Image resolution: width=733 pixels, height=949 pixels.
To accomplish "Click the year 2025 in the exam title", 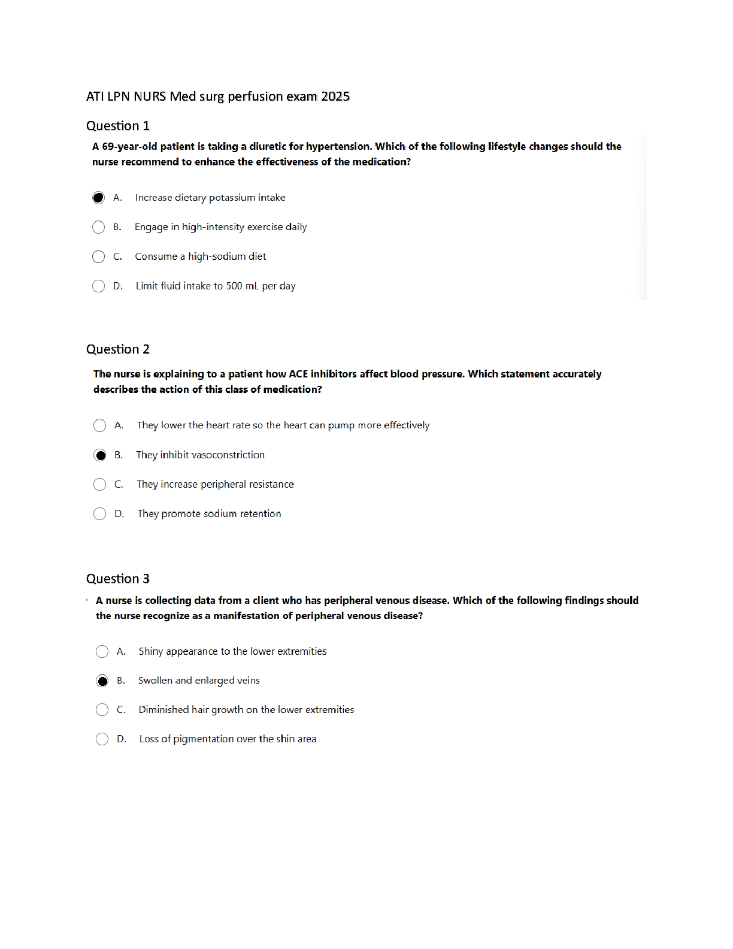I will point(335,96).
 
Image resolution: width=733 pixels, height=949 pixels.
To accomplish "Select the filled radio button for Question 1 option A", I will point(99,198).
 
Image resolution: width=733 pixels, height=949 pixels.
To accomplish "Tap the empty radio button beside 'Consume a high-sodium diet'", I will point(99,257).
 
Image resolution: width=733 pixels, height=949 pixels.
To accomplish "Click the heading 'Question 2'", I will point(118,349).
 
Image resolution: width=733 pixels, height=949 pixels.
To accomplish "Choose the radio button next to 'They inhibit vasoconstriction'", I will point(100,455).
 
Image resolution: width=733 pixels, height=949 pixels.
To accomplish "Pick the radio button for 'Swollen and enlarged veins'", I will point(102,681).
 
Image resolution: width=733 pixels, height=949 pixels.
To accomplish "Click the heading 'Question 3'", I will point(118,579).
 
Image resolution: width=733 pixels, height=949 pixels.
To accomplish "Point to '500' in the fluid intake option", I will point(234,286).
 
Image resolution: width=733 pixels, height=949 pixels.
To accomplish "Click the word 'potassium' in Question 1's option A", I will point(232,198).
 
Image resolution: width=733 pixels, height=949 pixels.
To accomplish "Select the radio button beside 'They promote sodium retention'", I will point(100,514).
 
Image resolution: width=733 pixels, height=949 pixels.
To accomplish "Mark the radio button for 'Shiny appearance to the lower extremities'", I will point(102,651).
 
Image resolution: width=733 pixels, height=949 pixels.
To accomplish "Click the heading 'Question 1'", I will point(118,126).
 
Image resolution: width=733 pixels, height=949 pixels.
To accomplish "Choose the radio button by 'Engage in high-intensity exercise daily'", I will point(99,227).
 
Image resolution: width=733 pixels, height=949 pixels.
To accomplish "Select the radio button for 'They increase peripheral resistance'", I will point(100,485).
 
